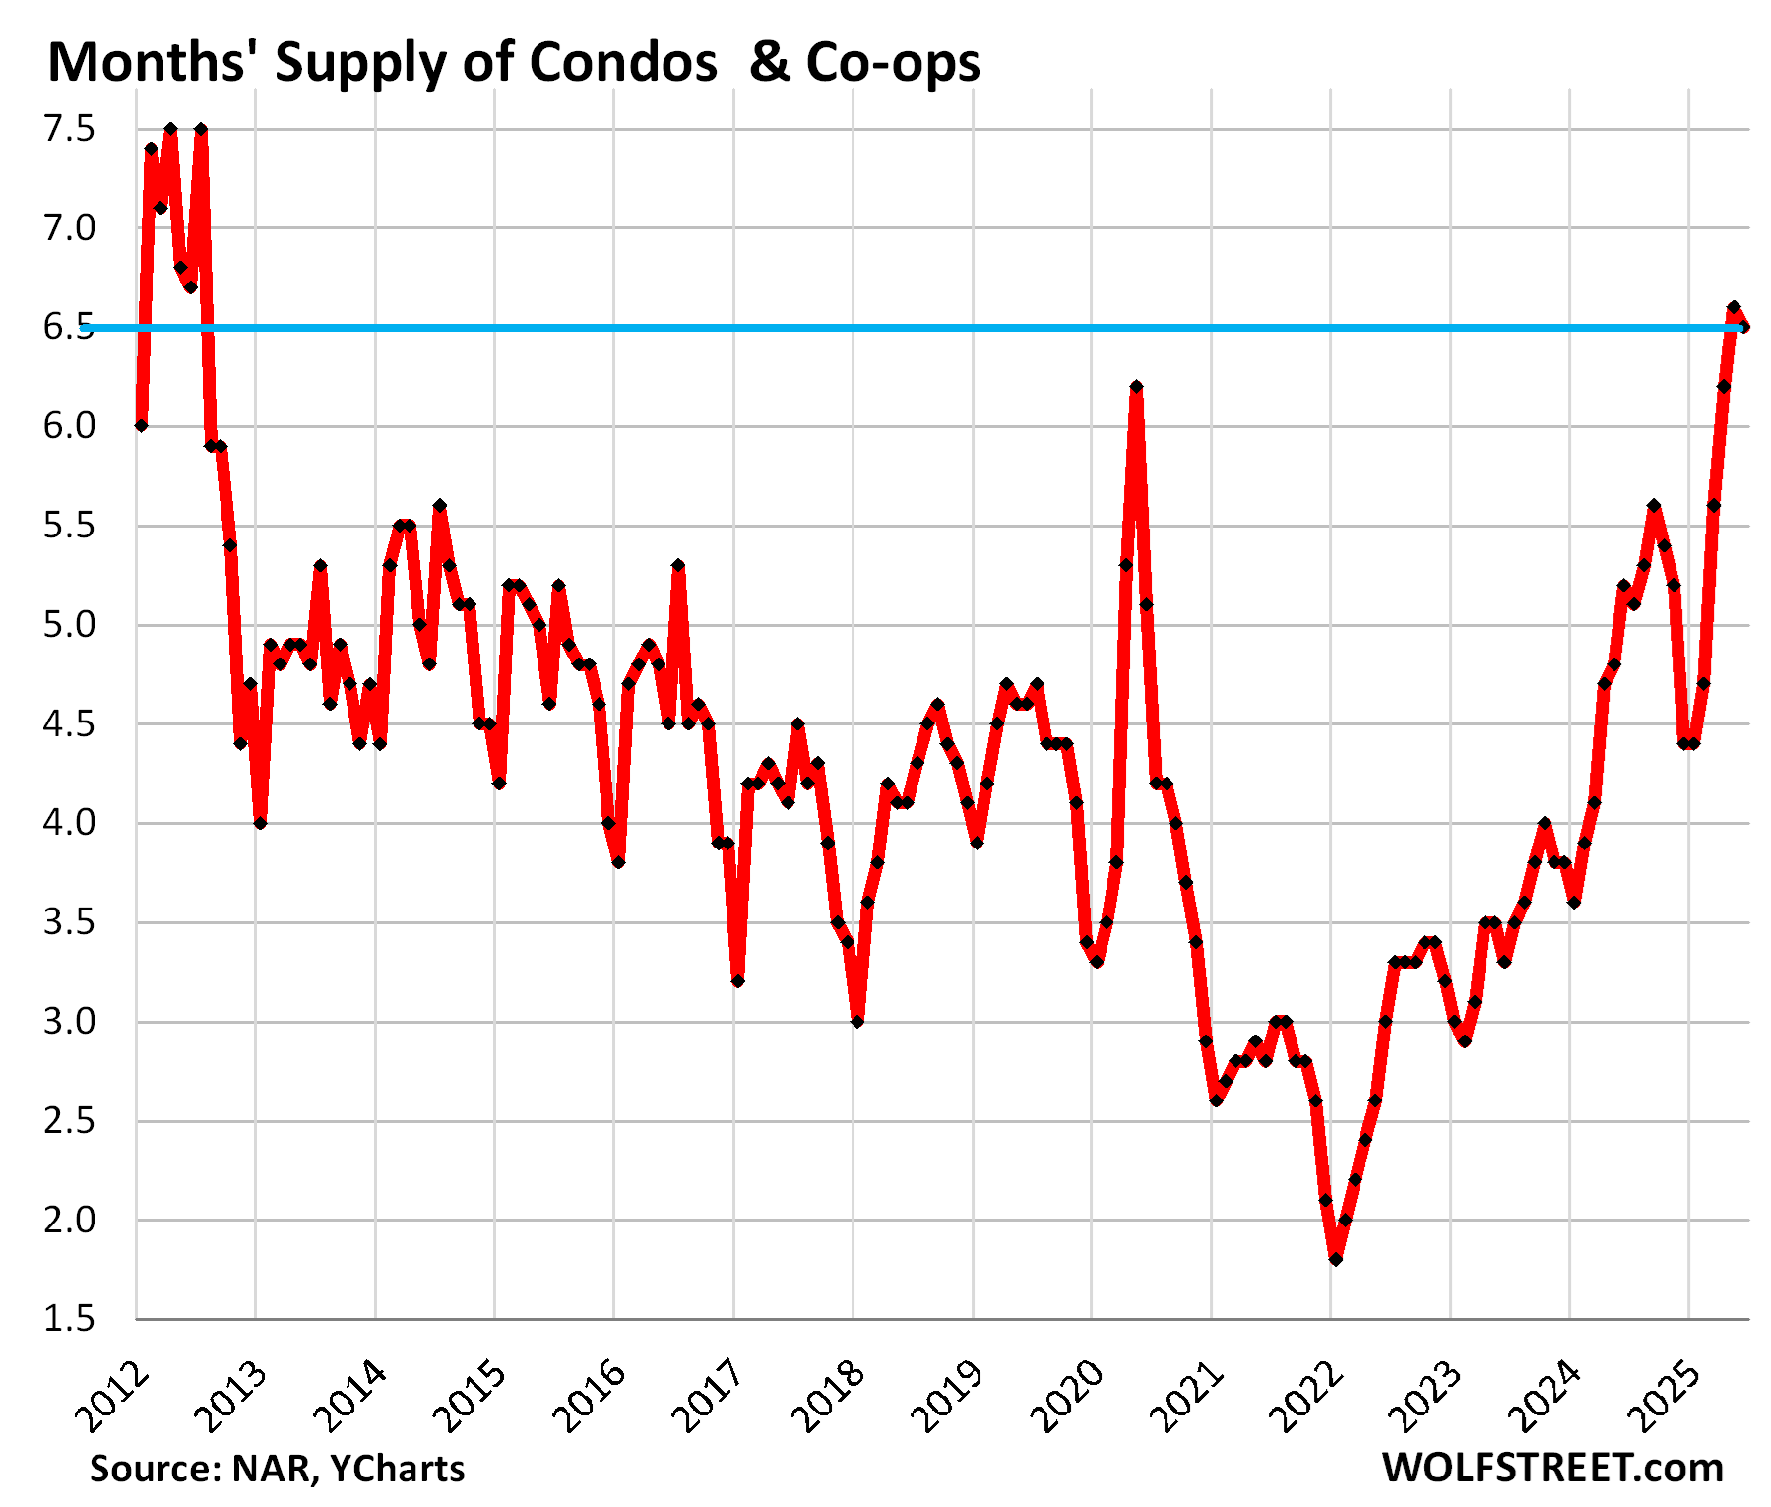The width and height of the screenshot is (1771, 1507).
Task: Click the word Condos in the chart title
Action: [622, 63]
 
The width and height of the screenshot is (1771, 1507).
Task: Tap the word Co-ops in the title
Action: [893, 63]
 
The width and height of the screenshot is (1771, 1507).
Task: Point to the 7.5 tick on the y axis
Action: [69, 129]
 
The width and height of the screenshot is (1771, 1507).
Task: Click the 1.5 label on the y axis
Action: [69, 1319]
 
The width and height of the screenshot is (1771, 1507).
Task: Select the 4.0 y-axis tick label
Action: [69, 823]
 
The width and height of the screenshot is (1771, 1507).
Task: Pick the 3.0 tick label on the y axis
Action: [69, 1022]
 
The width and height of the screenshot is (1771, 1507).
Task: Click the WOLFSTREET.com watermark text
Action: [1552, 1468]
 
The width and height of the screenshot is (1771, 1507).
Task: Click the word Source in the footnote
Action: [150, 1469]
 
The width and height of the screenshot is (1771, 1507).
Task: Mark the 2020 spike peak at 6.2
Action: [1136, 387]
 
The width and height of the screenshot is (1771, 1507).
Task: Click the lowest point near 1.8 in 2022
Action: [1336, 1259]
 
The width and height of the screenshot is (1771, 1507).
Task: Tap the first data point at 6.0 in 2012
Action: [141, 425]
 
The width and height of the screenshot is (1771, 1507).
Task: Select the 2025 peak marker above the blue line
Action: [1734, 307]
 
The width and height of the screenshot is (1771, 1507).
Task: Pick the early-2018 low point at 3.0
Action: [857, 1022]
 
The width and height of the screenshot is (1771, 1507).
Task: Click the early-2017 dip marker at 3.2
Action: [737, 981]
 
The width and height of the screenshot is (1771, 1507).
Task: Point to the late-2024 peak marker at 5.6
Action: [1654, 505]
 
